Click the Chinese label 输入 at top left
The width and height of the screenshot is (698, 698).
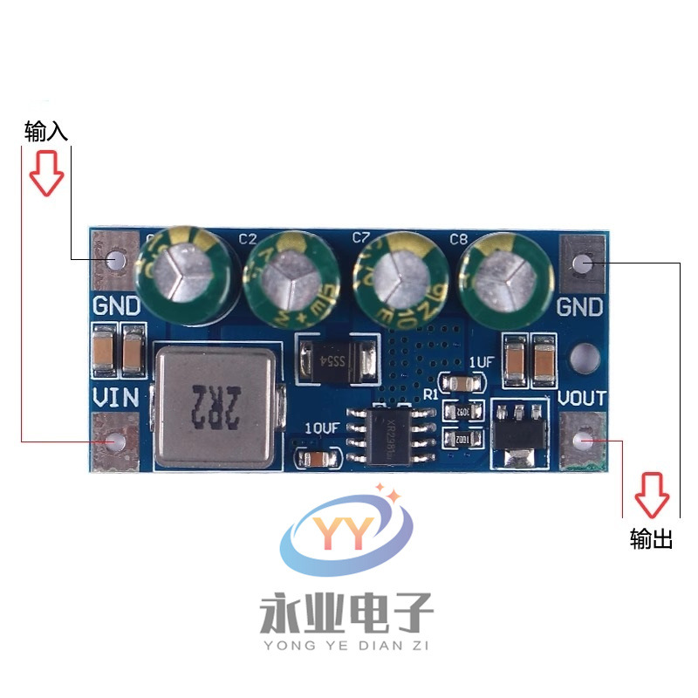[46, 132]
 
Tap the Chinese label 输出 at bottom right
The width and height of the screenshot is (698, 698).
[651, 539]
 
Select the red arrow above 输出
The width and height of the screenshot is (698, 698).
[651, 494]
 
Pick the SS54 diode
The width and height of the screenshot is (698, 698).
[337, 359]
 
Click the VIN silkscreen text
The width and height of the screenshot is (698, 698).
[115, 398]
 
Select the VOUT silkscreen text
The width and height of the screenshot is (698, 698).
[581, 398]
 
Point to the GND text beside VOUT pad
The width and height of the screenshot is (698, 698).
[580, 307]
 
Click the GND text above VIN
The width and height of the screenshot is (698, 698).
[115, 307]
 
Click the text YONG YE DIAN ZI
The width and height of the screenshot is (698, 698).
[347, 647]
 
